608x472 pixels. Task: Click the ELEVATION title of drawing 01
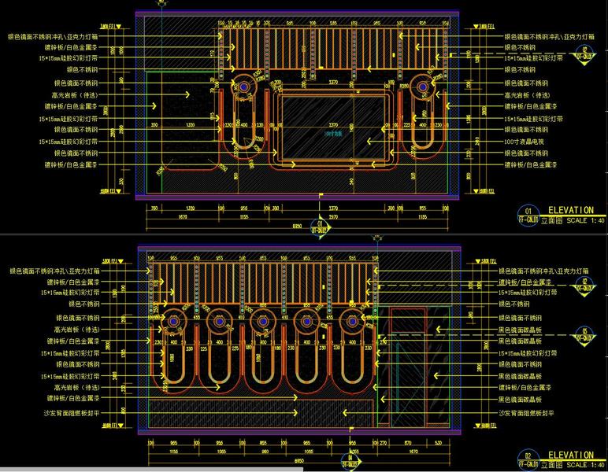(570, 210)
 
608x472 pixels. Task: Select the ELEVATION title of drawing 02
(570, 455)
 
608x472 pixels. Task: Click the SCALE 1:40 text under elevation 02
(580, 464)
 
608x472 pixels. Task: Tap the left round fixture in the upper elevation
(244, 86)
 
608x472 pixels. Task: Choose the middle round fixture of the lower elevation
(261, 321)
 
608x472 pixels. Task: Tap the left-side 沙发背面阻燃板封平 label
(69, 413)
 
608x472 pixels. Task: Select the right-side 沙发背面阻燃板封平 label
(527, 413)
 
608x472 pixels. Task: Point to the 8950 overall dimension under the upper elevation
(296, 226)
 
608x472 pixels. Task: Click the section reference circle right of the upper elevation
(584, 54)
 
